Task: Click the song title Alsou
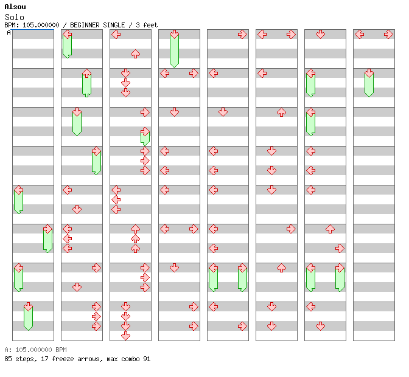(15, 7)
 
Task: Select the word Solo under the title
(14, 16)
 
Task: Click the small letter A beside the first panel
(9, 33)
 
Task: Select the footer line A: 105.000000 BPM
(35, 350)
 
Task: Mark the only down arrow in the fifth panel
(223, 112)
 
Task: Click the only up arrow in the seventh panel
(330, 229)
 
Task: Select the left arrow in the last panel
(359, 34)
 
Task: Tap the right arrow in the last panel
(388, 34)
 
